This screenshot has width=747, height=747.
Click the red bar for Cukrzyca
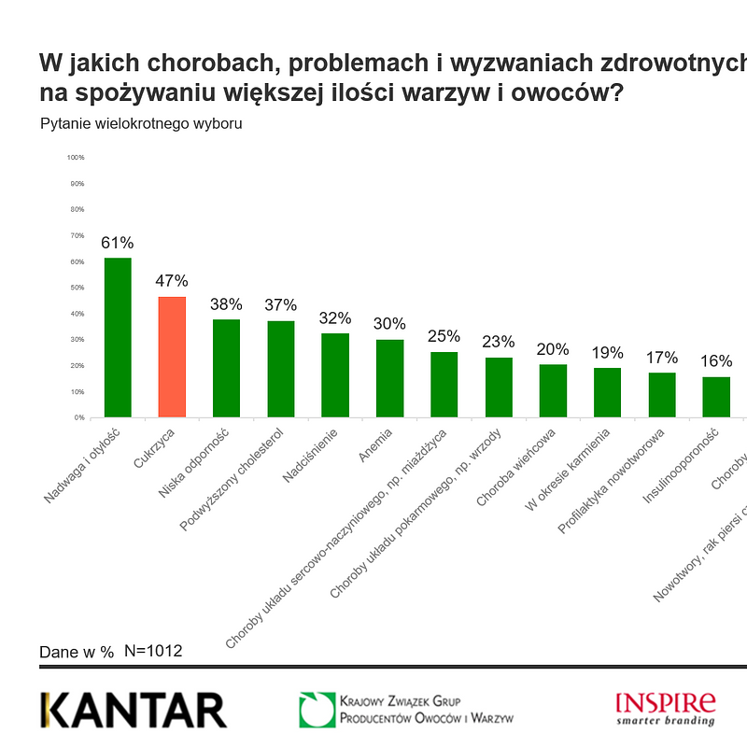[172, 357]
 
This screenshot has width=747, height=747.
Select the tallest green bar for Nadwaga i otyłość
[118, 337]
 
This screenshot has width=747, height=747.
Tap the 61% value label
[118, 243]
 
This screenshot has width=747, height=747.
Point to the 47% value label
[172, 281]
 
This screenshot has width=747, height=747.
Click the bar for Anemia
[389, 378]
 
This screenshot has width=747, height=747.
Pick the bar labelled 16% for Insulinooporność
[716, 397]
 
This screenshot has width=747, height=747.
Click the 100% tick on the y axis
[76, 157]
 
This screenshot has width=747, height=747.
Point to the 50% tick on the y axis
[77, 288]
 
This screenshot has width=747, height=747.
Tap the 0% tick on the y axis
[78, 417]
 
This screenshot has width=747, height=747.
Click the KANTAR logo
[134, 711]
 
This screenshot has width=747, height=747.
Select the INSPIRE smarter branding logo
[666, 708]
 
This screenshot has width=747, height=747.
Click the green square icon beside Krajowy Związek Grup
[317, 710]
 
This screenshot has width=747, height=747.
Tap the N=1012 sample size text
[153, 651]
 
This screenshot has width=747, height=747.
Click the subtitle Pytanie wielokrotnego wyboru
[141, 124]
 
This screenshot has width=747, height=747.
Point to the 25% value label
[444, 336]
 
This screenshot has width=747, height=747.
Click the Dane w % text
[77, 652]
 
